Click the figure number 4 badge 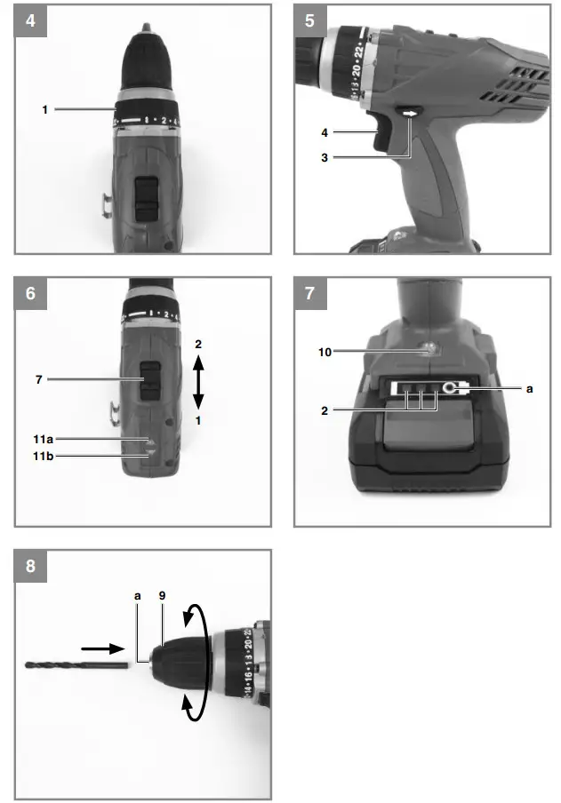[x=30, y=20]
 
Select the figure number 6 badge [x=30, y=293]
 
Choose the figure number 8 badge [x=30, y=566]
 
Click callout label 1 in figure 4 [x=44, y=109]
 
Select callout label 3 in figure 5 [x=325, y=158]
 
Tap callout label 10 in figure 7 [x=325, y=353]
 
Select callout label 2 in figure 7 [x=325, y=411]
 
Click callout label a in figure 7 [x=532, y=388]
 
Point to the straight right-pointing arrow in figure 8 [x=102, y=649]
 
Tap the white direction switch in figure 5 [x=411, y=115]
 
